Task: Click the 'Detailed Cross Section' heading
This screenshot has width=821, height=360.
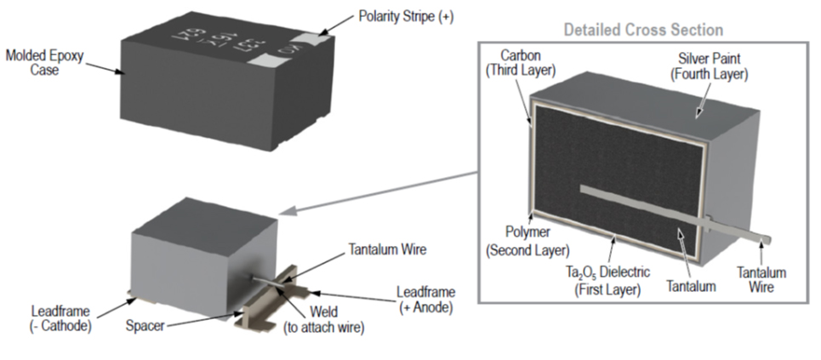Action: tap(643, 30)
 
